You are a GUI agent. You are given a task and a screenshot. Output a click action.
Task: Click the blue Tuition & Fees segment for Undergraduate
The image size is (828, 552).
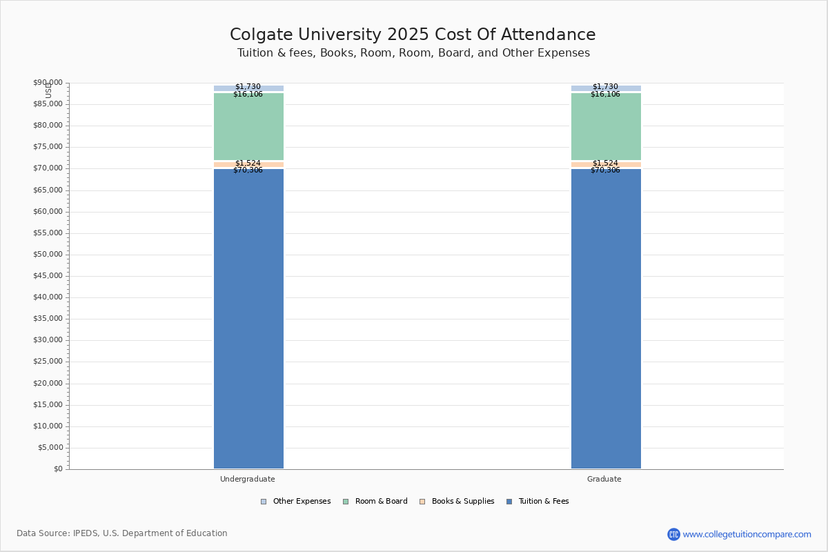coord(248,317)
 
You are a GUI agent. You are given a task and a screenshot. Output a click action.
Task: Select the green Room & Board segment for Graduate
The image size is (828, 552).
coord(606,128)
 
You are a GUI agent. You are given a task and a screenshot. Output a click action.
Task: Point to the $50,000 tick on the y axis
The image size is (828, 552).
coord(48,255)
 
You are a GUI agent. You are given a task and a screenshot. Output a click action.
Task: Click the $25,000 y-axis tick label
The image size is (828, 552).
coord(48,362)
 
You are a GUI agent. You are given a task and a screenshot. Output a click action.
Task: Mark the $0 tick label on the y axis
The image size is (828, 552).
coord(58,469)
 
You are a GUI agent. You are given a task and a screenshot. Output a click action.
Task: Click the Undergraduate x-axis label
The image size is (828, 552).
coord(248,479)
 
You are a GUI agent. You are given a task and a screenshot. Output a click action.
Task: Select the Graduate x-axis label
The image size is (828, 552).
coord(604,479)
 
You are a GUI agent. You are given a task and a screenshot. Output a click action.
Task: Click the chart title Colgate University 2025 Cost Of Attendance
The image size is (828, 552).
coord(413,35)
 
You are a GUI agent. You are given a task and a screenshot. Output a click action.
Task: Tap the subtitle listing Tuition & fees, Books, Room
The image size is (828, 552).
coord(413,53)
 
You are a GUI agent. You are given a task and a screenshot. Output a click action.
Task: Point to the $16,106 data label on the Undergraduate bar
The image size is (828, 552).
coord(248,95)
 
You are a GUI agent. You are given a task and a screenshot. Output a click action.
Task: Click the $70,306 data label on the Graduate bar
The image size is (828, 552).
coord(605,170)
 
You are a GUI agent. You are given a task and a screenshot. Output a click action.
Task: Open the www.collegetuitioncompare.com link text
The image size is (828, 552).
coord(747,534)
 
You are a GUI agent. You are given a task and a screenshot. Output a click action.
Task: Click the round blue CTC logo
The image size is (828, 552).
coord(673,534)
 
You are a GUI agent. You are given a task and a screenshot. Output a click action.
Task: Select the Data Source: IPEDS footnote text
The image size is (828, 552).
coord(122,533)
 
